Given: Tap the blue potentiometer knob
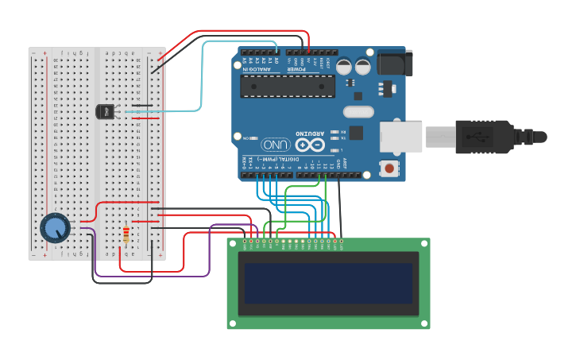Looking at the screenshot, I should point(55,228).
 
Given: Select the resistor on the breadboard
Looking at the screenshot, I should point(126,234).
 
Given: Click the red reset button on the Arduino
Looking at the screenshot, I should point(389,168).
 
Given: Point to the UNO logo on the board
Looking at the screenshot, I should point(275,145).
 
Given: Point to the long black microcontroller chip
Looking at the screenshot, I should point(287,86).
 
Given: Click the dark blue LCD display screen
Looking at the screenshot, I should point(328,284).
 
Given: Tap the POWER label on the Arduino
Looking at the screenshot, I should point(307,69).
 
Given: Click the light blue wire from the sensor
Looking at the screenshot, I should point(202,79).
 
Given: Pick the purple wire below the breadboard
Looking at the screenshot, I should point(151,276).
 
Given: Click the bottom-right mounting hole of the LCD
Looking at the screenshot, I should point(424,323).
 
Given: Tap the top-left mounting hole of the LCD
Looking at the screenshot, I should point(233,246).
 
